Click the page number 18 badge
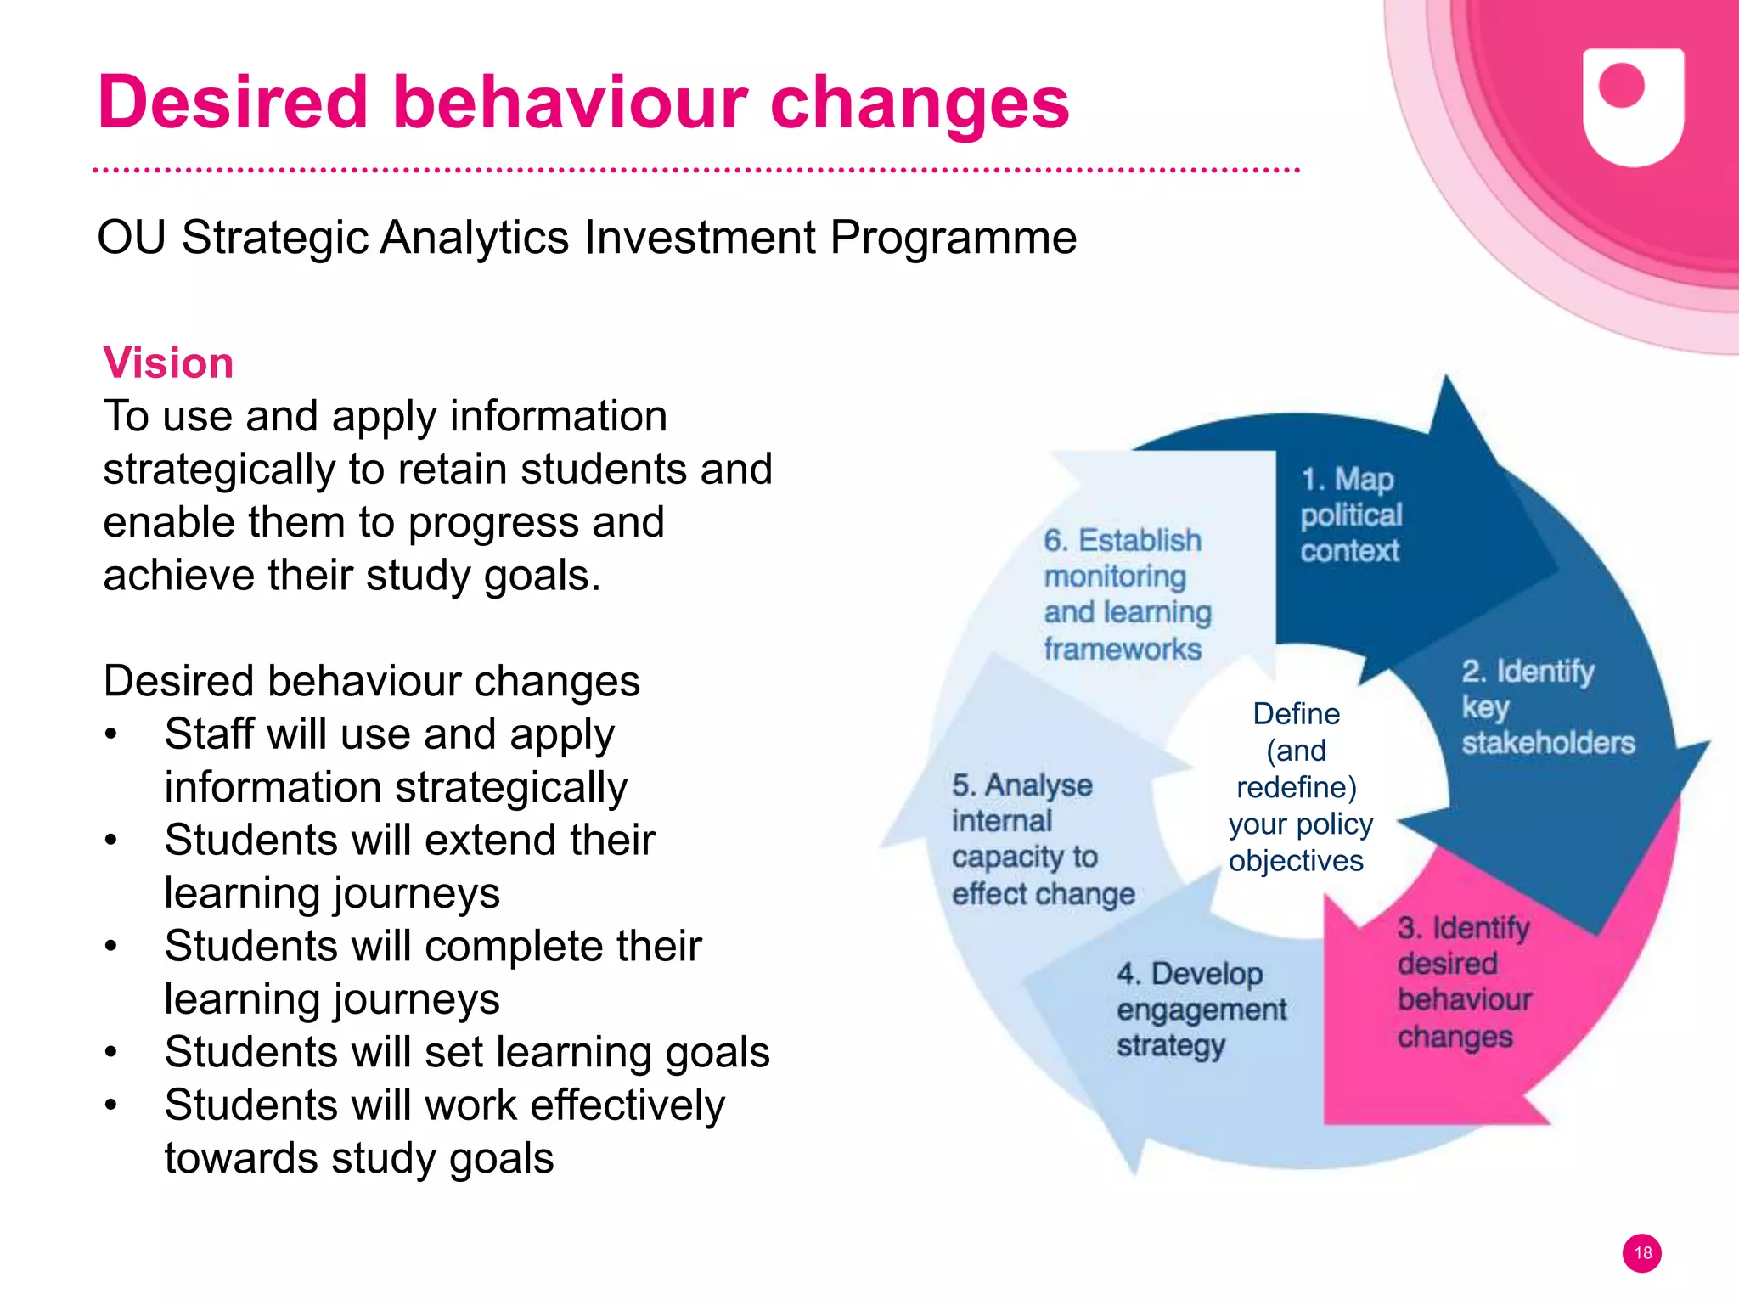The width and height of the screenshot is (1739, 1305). [x=1641, y=1252]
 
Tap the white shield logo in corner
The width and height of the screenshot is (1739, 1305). [x=1632, y=105]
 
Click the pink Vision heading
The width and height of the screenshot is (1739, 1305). [x=168, y=363]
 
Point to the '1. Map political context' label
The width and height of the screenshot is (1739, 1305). [x=1350, y=515]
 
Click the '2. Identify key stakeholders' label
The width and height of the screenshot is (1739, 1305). [x=1546, y=706]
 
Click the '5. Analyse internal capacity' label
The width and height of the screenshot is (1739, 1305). [x=1042, y=839]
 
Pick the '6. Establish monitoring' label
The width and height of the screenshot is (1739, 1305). [x=1126, y=593]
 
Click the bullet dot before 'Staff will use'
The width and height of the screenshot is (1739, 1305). [x=111, y=734]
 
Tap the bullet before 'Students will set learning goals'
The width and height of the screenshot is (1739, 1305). [x=111, y=1053]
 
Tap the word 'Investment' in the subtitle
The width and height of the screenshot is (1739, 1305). [x=699, y=237]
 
